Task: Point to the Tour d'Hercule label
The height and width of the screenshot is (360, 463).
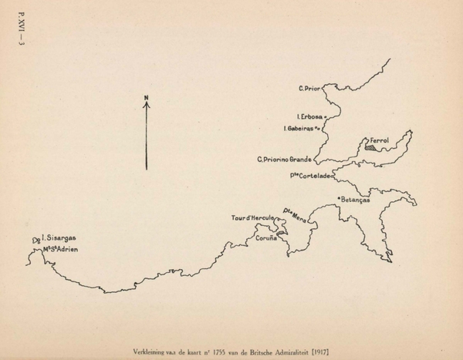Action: click(252, 218)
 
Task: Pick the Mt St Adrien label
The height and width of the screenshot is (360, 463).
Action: click(61, 249)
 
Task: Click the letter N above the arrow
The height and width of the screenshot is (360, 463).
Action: click(146, 97)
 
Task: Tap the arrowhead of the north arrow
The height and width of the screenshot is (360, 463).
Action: click(146, 105)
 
